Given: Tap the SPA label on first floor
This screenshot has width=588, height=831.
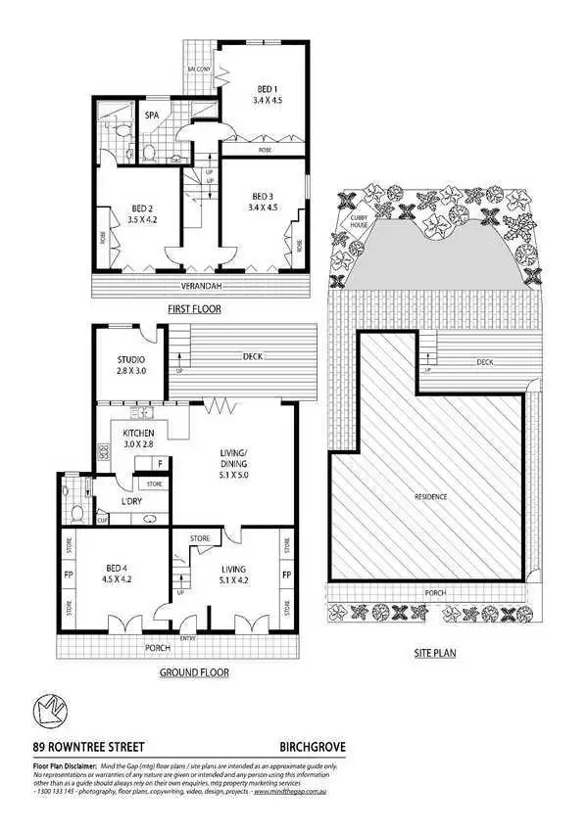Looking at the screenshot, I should (x=152, y=115).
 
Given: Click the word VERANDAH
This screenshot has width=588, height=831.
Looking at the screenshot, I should (x=200, y=286).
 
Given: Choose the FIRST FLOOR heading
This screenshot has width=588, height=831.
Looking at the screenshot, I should (x=193, y=309).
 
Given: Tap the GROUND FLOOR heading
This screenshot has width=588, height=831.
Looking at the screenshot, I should (x=194, y=672).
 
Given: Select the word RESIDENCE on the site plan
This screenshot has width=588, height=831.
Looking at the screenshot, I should (x=428, y=497).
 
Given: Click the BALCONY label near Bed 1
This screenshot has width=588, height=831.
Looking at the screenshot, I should (x=201, y=69).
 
